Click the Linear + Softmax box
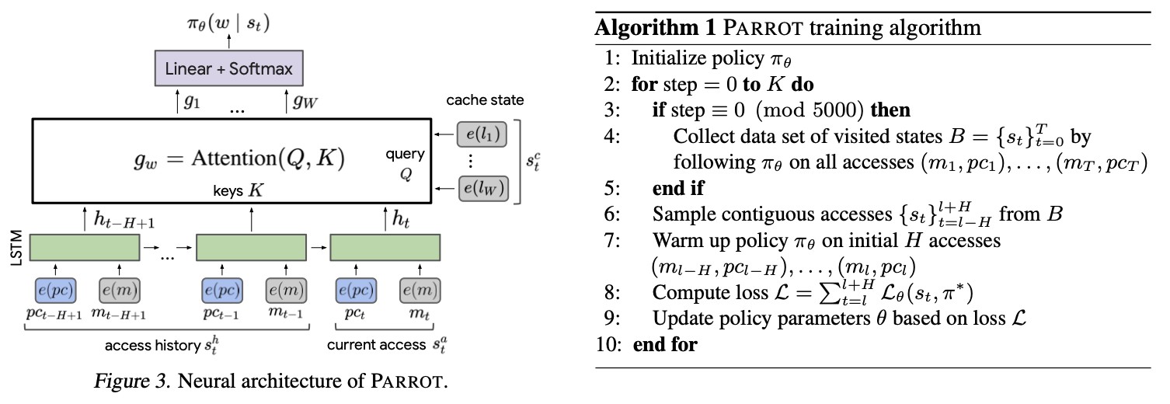click(229, 68)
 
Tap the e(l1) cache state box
click(482, 136)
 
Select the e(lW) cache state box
click(482, 189)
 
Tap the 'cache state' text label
click(485, 100)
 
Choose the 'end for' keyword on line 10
click(666, 343)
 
